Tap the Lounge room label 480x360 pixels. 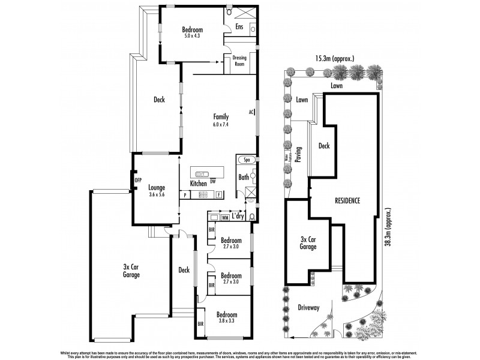point(157,187)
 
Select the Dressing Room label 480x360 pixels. point(239,61)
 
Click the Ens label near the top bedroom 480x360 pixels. point(239,26)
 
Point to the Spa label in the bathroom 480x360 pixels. point(247,161)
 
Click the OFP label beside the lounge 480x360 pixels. point(137,179)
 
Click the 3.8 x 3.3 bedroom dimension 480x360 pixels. point(226,322)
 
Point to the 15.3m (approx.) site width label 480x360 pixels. point(334,59)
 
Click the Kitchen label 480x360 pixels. point(199,182)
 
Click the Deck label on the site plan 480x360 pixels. point(324,146)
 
